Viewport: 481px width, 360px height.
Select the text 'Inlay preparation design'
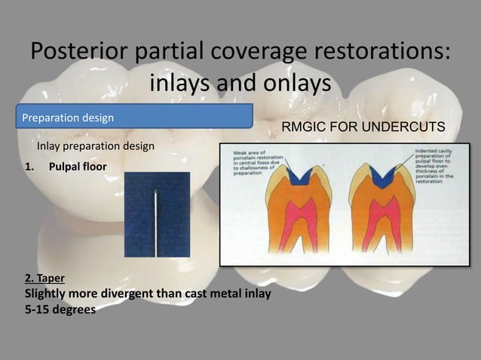(97, 145)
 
